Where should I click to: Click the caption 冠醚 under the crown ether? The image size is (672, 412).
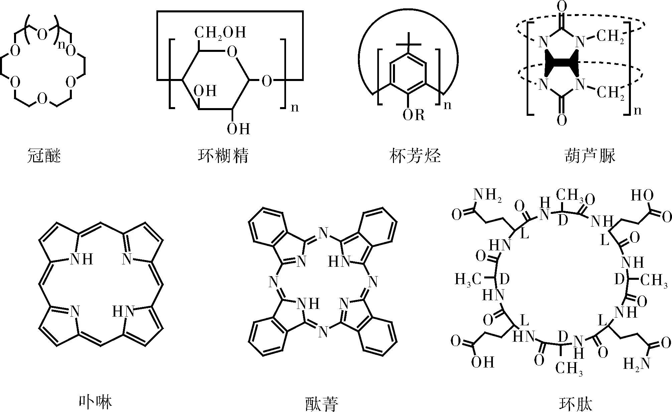44,156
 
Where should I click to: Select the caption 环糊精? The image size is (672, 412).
223,156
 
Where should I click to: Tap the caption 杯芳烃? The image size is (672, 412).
415,156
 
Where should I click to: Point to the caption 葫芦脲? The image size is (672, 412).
590,156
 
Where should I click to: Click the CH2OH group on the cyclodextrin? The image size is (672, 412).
220,33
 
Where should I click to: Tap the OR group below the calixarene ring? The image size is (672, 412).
413,115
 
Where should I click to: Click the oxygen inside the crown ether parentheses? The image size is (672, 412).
42,35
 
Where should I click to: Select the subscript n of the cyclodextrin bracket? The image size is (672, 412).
294,108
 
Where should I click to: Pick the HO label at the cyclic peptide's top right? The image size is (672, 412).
642,195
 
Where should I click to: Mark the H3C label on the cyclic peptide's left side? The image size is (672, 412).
468,279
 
